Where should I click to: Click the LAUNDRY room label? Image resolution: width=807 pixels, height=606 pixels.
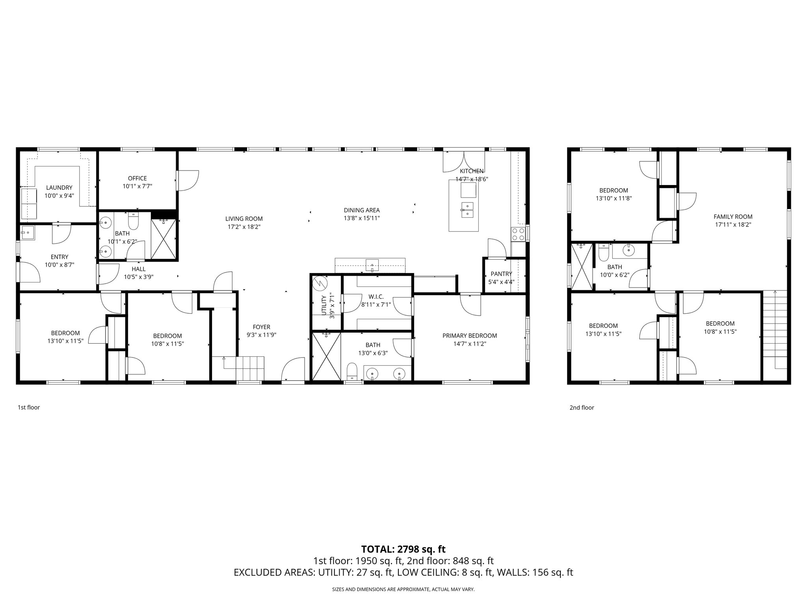click(x=59, y=187)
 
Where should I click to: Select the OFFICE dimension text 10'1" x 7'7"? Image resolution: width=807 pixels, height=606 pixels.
click(x=137, y=186)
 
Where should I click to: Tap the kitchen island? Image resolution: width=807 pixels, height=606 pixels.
click(x=464, y=206)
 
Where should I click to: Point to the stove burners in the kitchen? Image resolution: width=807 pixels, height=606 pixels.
click(x=518, y=234)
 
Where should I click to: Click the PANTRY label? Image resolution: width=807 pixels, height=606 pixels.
click(x=501, y=274)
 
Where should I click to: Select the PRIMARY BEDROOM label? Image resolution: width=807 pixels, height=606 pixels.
click(x=469, y=336)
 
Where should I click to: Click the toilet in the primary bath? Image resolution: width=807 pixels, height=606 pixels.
click(x=352, y=371)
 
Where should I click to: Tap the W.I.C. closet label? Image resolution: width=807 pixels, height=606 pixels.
click(x=376, y=296)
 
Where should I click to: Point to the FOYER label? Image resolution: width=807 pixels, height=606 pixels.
click(x=261, y=327)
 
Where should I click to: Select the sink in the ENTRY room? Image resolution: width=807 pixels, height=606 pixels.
click(x=28, y=233)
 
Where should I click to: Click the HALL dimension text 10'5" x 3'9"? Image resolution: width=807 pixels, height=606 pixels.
click(x=138, y=277)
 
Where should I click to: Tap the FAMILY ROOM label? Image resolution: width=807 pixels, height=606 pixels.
click(x=733, y=217)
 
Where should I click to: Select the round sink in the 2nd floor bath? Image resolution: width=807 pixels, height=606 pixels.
click(x=629, y=249)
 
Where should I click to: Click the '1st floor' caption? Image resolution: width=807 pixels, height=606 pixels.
click(x=29, y=407)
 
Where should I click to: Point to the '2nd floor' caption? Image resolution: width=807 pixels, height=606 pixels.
click(x=581, y=408)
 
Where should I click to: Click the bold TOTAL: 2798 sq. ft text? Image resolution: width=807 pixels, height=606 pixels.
click(x=403, y=549)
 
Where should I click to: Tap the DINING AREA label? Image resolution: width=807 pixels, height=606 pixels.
click(x=361, y=210)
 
